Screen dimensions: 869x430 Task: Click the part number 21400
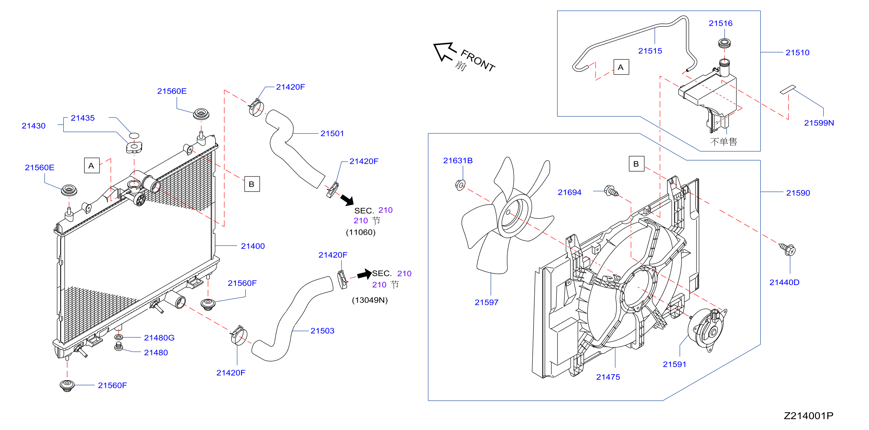pos(253,246)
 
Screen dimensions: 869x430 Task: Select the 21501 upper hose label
pos(332,134)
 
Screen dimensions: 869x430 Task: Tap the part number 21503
pos(322,331)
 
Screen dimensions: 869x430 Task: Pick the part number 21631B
pos(458,161)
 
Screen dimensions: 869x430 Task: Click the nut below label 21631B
pos(460,185)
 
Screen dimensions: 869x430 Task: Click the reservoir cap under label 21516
pos(724,43)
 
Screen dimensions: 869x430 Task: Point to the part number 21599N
pos(819,123)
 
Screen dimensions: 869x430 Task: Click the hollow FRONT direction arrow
pos(445,52)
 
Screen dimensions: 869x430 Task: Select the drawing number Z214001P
pos(808,416)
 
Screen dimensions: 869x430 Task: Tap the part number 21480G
pos(159,338)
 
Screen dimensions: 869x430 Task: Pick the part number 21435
pos(83,118)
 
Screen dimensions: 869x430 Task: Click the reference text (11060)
pos(361,232)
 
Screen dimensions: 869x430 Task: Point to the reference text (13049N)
pos(370,300)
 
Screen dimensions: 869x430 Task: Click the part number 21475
pos(608,377)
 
